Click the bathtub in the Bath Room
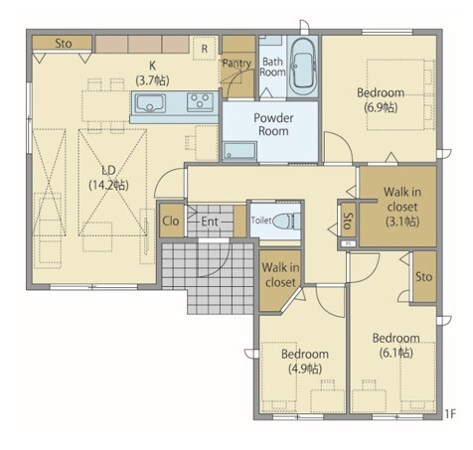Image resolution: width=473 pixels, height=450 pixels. click(303, 67)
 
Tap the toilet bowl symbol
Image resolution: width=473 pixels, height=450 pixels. click(285, 221)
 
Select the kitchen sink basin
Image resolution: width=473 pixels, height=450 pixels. click(150, 103)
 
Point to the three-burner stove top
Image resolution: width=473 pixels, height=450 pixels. click(200, 102)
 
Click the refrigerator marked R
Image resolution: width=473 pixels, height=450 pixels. click(205, 49)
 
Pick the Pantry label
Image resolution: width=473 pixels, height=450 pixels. click(236, 64)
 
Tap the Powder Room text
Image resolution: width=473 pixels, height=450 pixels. click(273, 124)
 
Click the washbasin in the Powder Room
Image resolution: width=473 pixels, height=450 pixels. click(239, 151)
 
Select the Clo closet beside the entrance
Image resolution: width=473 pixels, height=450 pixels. click(171, 221)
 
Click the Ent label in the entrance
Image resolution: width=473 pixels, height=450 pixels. click(210, 222)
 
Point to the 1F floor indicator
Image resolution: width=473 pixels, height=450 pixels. click(450, 413)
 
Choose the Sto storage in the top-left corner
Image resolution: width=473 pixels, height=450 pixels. click(62, 43)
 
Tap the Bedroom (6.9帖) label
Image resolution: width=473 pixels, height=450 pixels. click(381, 100)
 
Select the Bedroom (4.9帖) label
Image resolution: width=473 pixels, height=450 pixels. click(305, 361)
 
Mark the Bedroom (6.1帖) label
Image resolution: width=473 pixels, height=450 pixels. click(396, 346)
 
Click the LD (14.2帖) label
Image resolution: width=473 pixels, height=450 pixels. click(108, 178)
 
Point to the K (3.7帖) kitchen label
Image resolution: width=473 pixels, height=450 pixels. click(152, 74)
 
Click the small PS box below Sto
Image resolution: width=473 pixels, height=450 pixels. click(348, 243)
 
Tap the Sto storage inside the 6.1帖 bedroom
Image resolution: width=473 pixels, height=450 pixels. click(424, 276)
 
